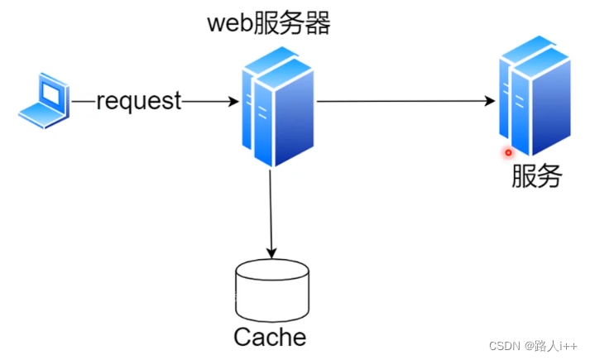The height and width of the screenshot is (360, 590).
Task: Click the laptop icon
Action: [x=43, y=101]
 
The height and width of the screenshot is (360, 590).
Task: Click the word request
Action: [x=138, y=101]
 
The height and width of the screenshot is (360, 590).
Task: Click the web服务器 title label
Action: [x=269, y=24]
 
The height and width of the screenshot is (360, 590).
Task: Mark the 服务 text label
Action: [x=537, y=175]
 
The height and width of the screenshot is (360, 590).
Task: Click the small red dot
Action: [x=508, y=152]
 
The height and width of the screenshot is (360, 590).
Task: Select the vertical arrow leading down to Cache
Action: [x=271, y=207]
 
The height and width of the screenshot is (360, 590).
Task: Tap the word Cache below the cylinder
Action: [x=270, y=337]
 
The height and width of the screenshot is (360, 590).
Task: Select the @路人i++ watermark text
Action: [x=551, y=345]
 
